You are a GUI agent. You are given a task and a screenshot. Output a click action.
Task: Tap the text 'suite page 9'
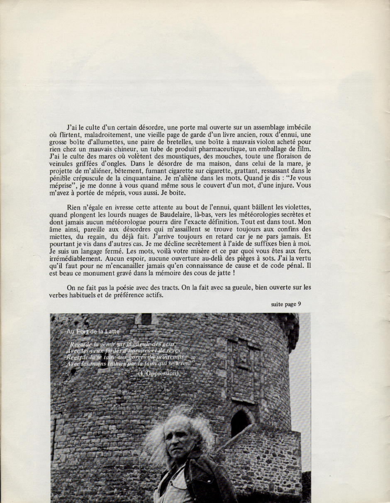click(x=286, y=304)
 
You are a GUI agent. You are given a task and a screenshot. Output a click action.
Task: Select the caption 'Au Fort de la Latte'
click(x=93, y=331)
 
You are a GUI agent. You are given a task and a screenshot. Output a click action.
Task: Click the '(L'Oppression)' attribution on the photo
click(x=158, y=374)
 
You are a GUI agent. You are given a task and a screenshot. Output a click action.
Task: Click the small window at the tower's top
click(x=146, y=318)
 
